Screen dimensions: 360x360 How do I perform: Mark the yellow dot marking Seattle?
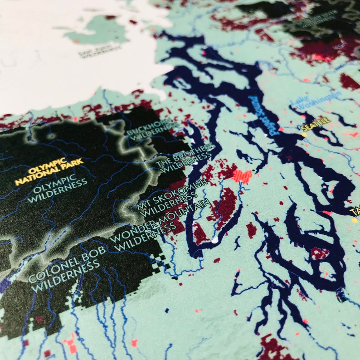tap(304, 134)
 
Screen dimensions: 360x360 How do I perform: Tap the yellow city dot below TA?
tap(354, 220)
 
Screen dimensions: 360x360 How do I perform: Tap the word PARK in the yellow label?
tap(73, 162)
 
